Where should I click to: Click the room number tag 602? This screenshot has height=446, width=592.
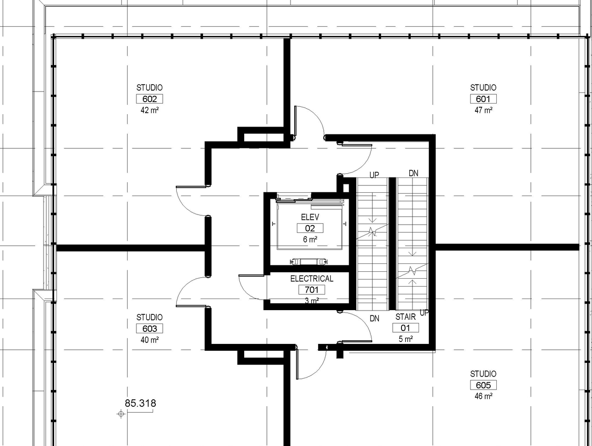tap(149, 99)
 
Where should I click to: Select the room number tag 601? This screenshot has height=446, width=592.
tap(483, 99)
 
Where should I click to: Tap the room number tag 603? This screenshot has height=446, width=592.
tap(149, 329)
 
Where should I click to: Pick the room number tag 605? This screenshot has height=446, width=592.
tap(483, 385)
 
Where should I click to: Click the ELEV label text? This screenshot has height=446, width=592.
tap(310, 217)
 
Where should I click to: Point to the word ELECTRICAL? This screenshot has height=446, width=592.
tap(312, 279)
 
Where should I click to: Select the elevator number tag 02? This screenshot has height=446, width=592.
tap(310, 228)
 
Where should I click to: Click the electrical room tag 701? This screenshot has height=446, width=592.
tap(312, 290)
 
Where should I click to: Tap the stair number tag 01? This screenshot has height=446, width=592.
tap(406, 328)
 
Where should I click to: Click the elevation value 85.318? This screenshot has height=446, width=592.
tap(140, 403)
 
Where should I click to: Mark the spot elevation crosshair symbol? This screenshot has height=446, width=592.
tap(121, 414)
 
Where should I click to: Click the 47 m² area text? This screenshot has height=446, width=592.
tap(483, 110)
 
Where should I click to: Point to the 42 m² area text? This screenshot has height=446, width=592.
tap(149, 110)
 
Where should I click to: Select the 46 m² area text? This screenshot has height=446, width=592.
tap(483, 396)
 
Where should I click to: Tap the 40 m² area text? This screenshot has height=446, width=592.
tap(149, 340)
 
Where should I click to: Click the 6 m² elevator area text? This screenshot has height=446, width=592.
tap(310, 239)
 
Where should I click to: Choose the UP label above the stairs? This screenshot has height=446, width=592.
tap(374, 175)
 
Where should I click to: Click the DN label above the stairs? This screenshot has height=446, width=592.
tap(413, 173)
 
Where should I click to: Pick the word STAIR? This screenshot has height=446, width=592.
tap(406, 317)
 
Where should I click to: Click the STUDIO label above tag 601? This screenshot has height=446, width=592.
tap(483, 87)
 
